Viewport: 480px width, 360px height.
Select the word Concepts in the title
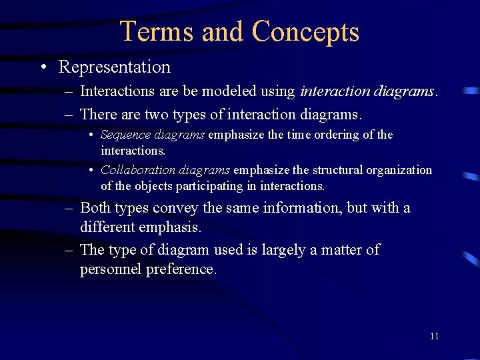tap(306, 31)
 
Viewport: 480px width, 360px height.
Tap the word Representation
tap(115, 67)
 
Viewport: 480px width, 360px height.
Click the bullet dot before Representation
tap(43, 67)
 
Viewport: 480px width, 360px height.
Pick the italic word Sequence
tap(125, 135)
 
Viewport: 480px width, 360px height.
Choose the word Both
tap(96, 208)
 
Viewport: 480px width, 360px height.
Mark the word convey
tap(176, 208)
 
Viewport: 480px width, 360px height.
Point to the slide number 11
tap(434, 336)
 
